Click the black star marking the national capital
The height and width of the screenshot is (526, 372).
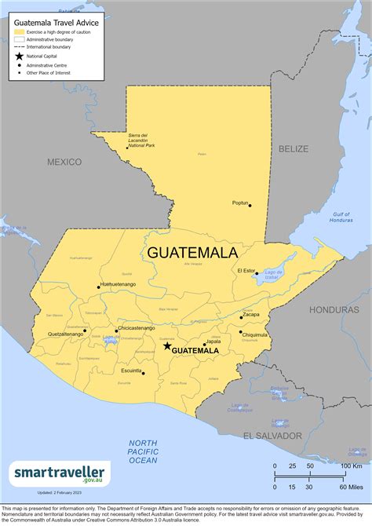[x=166, y=345]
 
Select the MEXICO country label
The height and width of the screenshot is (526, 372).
[x=64, y=162]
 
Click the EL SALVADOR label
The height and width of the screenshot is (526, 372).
[x=272, y=435]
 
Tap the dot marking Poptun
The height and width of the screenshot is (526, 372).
[x=250, y=205]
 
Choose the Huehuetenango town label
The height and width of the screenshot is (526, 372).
[x=119, y=283]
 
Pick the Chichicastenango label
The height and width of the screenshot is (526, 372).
[x=136, y=328]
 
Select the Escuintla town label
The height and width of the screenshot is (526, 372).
[x=132, y=370]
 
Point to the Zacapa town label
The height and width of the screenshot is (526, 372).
[x=251, y=314]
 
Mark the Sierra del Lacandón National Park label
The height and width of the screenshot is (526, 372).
[x=141, y=141]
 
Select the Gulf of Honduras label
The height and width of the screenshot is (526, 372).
[x=341, y=217]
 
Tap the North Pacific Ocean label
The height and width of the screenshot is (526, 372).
[x=144, y=451]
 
